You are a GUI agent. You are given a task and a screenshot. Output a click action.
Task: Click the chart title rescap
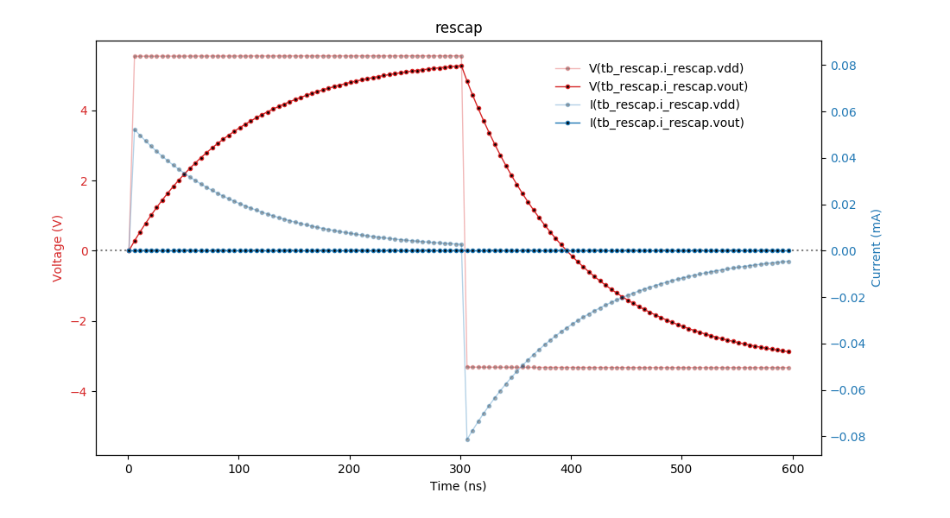[459, 28]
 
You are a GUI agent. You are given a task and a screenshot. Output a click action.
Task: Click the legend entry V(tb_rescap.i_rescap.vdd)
[666, 68]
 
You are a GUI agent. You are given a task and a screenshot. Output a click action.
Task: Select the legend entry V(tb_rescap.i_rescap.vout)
[668, 86]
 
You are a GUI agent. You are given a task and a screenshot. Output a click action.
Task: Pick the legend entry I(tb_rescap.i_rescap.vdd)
[664, 104]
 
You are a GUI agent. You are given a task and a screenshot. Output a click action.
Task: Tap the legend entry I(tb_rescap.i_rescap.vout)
[667, 123]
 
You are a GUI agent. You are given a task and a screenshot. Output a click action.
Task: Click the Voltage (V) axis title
[58, 248]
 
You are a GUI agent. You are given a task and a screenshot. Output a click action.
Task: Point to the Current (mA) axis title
[877, 248]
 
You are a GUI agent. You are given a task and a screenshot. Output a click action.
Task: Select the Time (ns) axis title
[459, 486]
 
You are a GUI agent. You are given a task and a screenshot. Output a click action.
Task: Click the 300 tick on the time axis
[460, 469]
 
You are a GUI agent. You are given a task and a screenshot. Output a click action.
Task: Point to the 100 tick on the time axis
[239, 469]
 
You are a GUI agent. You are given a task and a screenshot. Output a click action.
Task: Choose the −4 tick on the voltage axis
[80, 392]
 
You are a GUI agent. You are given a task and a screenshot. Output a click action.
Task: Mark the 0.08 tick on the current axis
[843, 66]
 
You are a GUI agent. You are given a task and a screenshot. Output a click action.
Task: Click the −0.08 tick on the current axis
[846, 437]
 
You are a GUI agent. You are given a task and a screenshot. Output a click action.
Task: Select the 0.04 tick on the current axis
[843, 158]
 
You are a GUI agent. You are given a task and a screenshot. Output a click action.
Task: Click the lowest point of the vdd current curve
[467, 439]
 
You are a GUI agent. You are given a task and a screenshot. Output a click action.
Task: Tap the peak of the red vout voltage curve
[461, 66]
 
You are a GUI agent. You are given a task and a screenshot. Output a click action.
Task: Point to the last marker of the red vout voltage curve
[788, 351]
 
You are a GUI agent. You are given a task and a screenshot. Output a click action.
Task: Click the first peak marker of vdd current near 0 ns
[134, 129]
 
